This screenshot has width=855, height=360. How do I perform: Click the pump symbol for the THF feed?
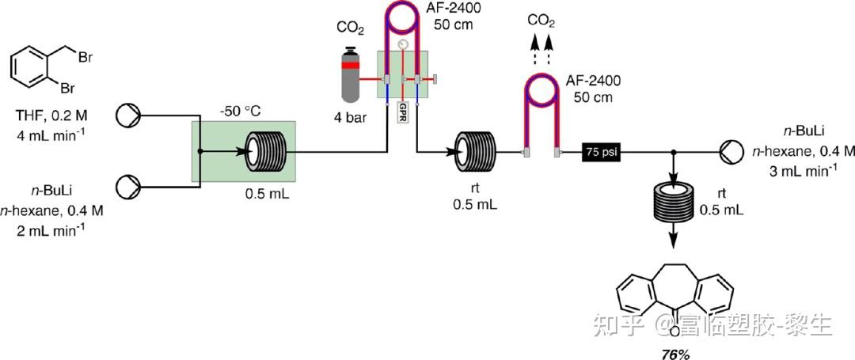tap(126, 116)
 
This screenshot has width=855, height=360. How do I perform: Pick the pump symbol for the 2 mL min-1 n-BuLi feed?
tap(126, 187)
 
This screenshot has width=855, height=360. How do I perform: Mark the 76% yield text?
tap(675, 354)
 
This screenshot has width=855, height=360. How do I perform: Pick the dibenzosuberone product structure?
tap(675, 297)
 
